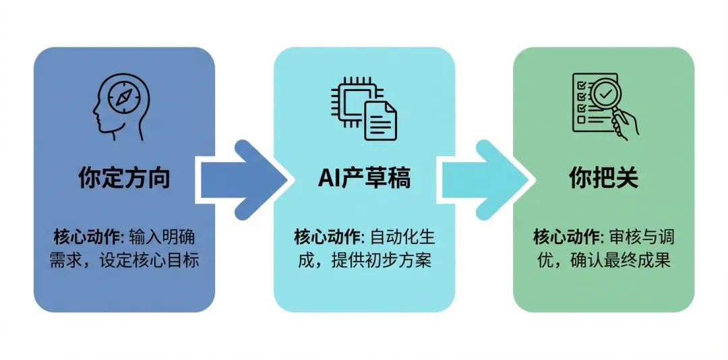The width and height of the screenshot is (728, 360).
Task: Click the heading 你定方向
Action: click(124, 179)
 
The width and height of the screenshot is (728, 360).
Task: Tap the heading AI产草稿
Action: click(364, 179)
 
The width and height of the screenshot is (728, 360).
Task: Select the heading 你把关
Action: click(603, 179)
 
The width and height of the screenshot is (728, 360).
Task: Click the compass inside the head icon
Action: click(123, 98)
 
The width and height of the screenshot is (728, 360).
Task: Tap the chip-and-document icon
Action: click(364, 108)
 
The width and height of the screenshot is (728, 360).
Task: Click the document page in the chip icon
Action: click(380, 120)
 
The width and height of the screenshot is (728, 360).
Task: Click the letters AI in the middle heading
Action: click(328, 179)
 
